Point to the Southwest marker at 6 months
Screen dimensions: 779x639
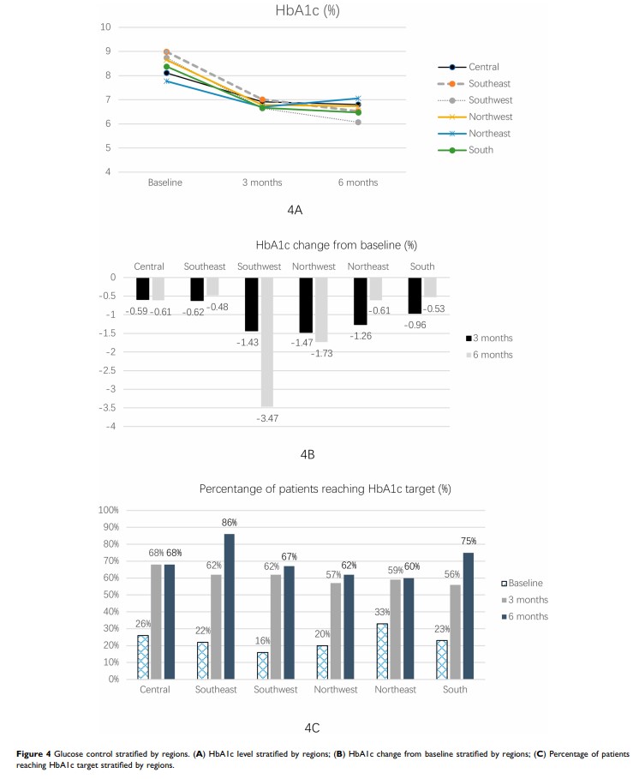pos(357,122)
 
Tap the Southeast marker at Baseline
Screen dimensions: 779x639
pos(167,52)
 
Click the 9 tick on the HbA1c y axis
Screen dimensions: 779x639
pos(106,51)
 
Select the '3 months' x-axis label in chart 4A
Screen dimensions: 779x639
pos(262,183)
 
